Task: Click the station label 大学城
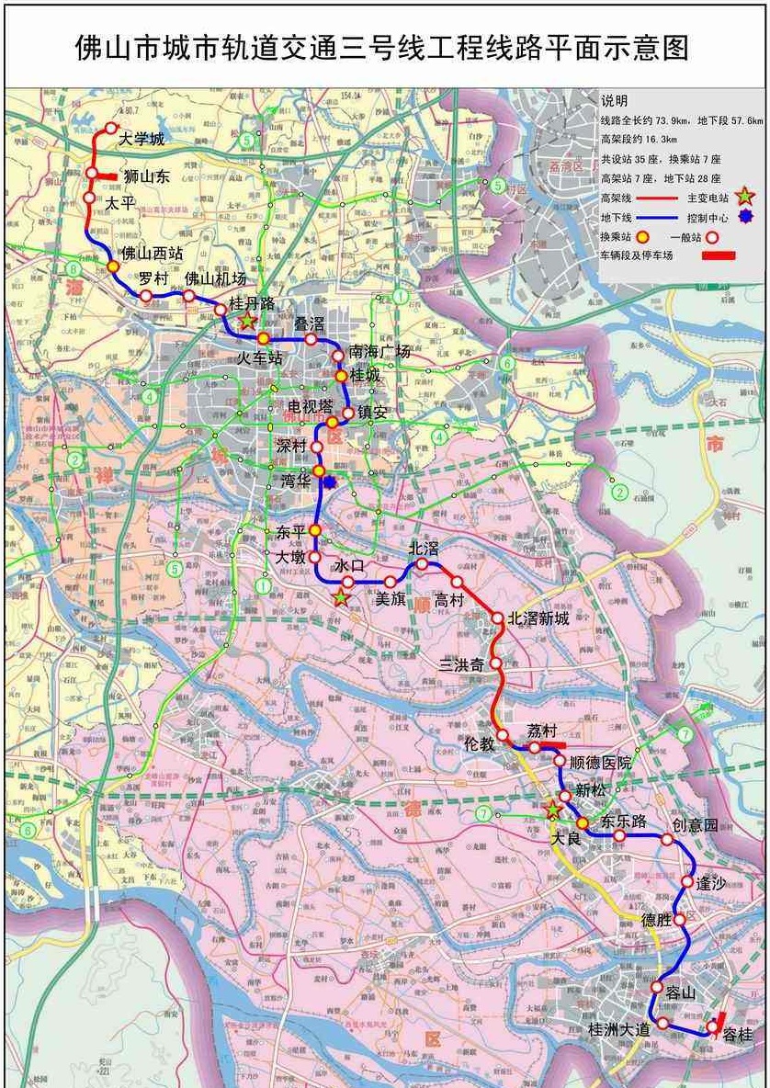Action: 142,140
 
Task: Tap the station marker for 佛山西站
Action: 113,266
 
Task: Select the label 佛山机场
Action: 216,278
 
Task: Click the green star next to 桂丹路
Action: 247,321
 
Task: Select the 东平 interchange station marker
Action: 314,530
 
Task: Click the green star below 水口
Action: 341,598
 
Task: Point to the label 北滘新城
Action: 538,618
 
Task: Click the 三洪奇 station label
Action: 461,663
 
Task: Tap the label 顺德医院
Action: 601,763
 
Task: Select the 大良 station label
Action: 568,839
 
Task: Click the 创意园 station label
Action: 696,825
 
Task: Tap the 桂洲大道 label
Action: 619,1030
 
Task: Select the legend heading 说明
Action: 615,101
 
